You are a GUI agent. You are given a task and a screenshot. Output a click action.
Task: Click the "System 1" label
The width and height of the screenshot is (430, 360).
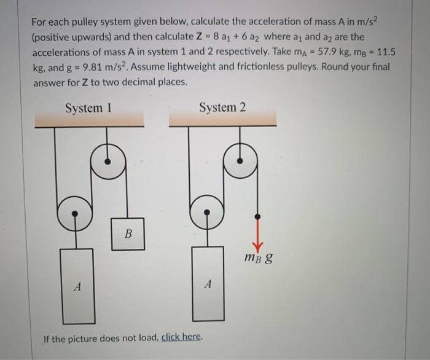tap(89, 109)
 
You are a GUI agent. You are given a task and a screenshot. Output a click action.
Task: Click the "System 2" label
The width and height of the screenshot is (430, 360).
tap(222, 108)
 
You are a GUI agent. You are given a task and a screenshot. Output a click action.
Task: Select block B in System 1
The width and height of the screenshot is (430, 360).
tap(128, 234)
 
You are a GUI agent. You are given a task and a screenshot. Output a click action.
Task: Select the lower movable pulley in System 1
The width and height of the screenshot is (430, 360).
tap(74, 213)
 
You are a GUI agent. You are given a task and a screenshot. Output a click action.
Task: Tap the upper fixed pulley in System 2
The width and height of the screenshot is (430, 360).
tap(241, 162)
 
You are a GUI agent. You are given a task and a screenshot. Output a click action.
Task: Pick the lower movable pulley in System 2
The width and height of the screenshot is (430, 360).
tap(207, 213)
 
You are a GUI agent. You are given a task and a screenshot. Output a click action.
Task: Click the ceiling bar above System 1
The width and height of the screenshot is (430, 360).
tap(89, 122)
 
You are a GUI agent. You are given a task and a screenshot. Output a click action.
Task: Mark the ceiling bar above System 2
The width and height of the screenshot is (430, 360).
tap(222, 122)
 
